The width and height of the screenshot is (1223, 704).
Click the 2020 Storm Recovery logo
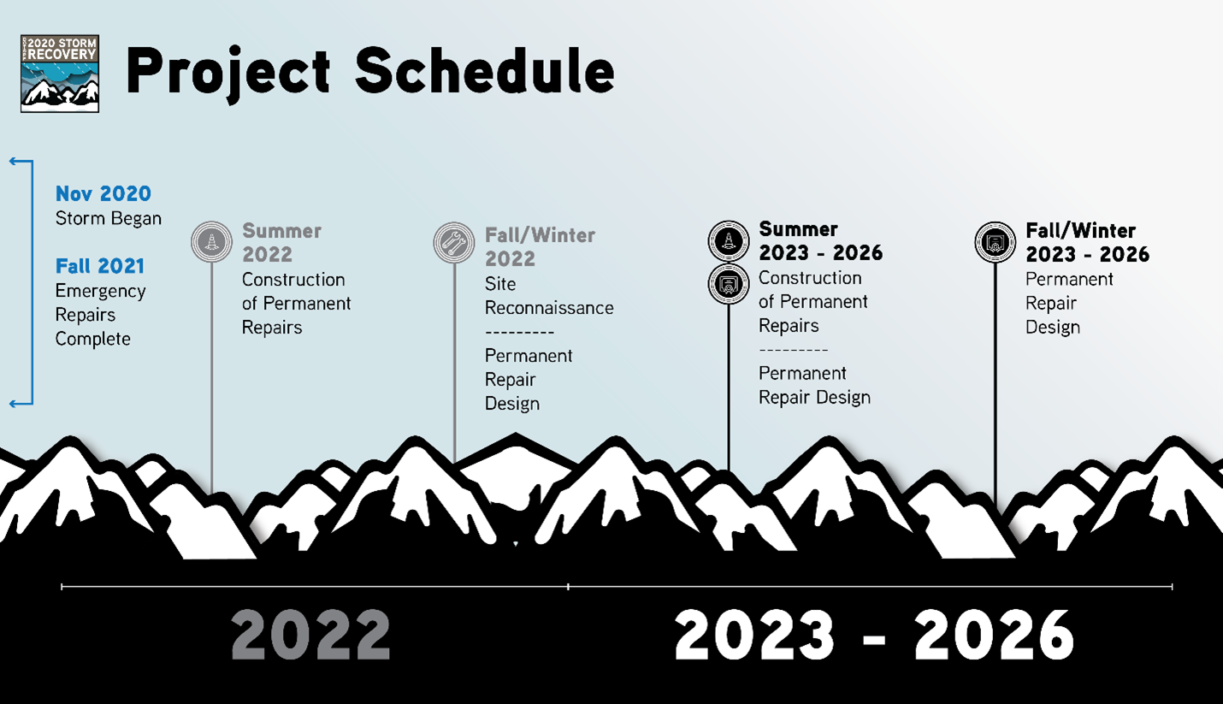pyautogui.click(x=60, y=74)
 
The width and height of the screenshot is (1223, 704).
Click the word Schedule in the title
pyautogui.click(x=485, y=71)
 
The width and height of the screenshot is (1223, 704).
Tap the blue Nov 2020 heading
pyautogui.click(x=103, y=193)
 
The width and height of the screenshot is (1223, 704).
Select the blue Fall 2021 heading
pyautogui.click(x=100, y=266)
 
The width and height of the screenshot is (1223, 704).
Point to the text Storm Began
pyautogui.click(x=108, y=218)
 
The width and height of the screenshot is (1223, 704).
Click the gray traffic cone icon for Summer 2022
pyautogui.click(x=212, y=241)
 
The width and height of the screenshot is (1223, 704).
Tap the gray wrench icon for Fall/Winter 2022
pyautogui.click(x=454, y=242)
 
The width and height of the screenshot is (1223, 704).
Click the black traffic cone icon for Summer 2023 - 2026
pyautogui.click(x=729, y=241)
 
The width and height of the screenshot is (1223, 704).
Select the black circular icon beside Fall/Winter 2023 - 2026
pyautogui.click(x=996, y=242)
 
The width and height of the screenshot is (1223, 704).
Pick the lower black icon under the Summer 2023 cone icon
pyautogui.click(x=729, y=284)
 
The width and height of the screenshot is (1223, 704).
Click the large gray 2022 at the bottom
pyautogui.click(x=310, y=636)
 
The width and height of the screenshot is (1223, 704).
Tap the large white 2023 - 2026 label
pyautogui.click(x=874, y=636)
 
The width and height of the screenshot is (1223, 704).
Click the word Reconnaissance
pyautogui.click(x=549, y=308)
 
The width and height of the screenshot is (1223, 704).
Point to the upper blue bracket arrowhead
pyautogui.click(x=14, y=161)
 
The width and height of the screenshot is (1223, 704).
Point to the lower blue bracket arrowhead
pyautogui.click(x=14, y=404)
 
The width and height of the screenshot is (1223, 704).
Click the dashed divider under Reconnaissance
pyautogui.click(x=520, y=332)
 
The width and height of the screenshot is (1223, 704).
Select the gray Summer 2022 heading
pyautogui.click(x=281, y=242)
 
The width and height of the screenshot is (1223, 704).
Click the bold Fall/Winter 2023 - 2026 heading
pyautogui.click(x=1088, y=242)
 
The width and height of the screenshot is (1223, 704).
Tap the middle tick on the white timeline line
pyautogui.click(x=568, y=587)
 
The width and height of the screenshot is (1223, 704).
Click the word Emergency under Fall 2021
pyautogui.click(x=100, y=292)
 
